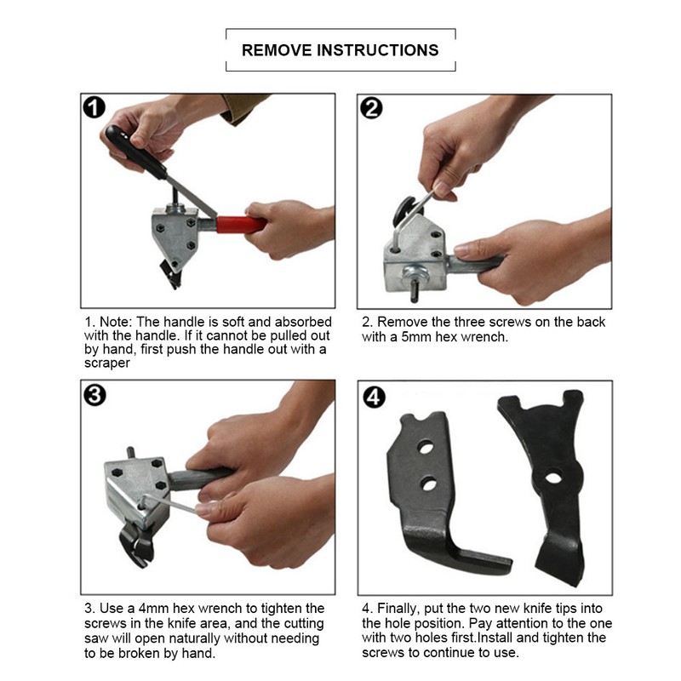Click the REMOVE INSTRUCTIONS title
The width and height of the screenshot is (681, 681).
coord(340,49)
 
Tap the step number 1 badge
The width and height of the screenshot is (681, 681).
coord(94,108)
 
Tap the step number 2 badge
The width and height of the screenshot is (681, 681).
coord(372,108)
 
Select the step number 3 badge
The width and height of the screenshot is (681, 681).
coord(94,396)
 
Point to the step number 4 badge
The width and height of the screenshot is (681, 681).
coord(372,396)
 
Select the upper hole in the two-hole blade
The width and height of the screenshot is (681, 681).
coord(423,448)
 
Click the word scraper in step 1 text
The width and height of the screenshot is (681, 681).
coord(107,363)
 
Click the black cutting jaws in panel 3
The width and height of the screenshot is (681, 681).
coord(133,540)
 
